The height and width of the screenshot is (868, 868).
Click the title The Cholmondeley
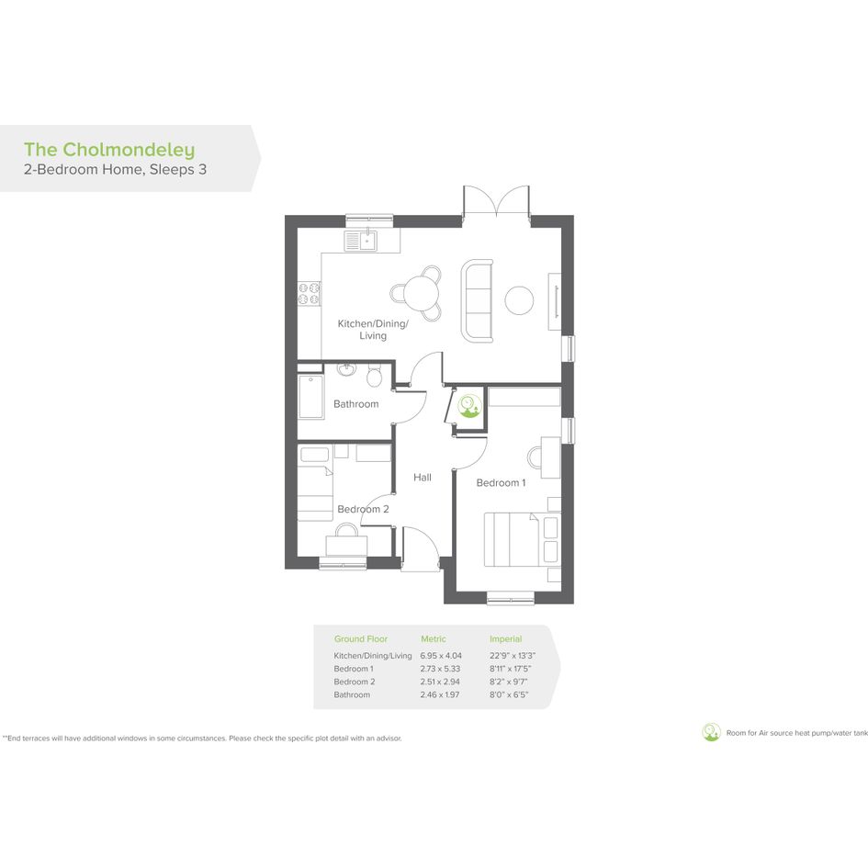[109, 150]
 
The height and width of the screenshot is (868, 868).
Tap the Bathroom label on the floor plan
[356, 404]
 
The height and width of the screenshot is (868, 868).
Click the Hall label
[423, 478]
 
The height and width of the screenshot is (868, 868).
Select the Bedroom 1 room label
[501, 483]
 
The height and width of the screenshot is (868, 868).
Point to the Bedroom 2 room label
[363, 509]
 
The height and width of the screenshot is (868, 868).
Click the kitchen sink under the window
[360, 241]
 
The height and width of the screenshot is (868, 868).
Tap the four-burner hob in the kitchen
[309, 293]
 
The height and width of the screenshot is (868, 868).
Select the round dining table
[422, 293]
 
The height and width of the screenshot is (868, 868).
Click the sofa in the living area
[478, 300]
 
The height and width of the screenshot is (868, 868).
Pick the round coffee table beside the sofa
[519, 300]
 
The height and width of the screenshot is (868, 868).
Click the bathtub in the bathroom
[311, 397]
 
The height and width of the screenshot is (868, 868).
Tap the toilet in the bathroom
[374, 376]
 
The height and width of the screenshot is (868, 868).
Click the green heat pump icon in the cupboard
[469, 406]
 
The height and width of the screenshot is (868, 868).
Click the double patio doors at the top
[497, 200]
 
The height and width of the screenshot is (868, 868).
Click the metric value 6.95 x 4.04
[441, 656]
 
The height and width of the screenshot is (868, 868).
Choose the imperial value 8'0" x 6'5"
[509, 694]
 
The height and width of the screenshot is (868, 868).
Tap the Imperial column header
[505, 638]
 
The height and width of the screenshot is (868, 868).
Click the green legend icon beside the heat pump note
[711, 732]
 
